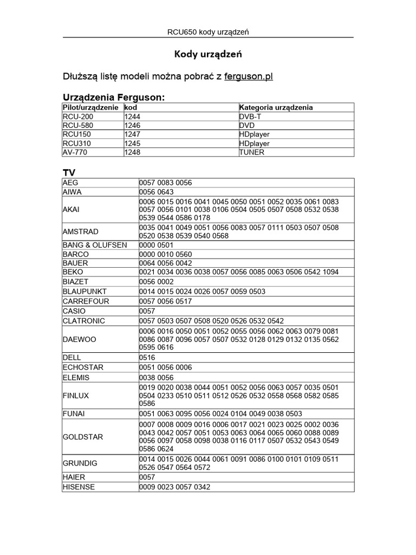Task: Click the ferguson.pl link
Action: [248, 76]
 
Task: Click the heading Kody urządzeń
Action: [207, 54]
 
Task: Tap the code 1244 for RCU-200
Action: [132, 117]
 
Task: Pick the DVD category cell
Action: [247, 125]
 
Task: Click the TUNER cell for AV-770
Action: [252, 152]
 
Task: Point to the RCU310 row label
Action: [75, 144]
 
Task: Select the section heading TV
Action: [68, 172]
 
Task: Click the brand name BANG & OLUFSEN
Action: [95, 245]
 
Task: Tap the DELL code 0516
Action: [147, 358]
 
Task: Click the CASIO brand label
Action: [74, 311]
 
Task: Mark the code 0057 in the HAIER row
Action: [147, 477]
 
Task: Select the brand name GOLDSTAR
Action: [83, 436]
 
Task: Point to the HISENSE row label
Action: [79, 487]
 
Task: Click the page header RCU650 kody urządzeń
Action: [208, 32]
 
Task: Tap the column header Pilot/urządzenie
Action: [90, 107]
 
